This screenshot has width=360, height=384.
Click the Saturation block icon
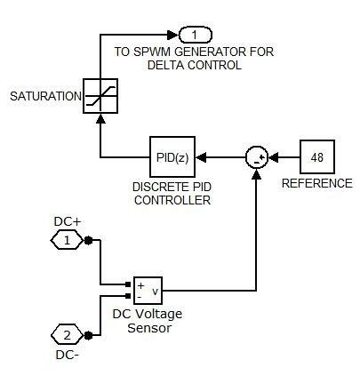tap(100, 95)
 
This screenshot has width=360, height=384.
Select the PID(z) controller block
tap(170, 157)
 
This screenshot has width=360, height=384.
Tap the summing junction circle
tap(257, 157)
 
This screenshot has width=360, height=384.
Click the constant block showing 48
tap(316, 157)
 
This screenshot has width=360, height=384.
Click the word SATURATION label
tap(42, 96)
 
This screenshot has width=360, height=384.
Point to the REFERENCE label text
tap(316, 184)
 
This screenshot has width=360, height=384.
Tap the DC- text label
tap(63, 356)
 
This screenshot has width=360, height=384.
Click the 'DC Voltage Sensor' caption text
tap(148, 320)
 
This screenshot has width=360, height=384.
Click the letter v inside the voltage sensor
tap(155, 290)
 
